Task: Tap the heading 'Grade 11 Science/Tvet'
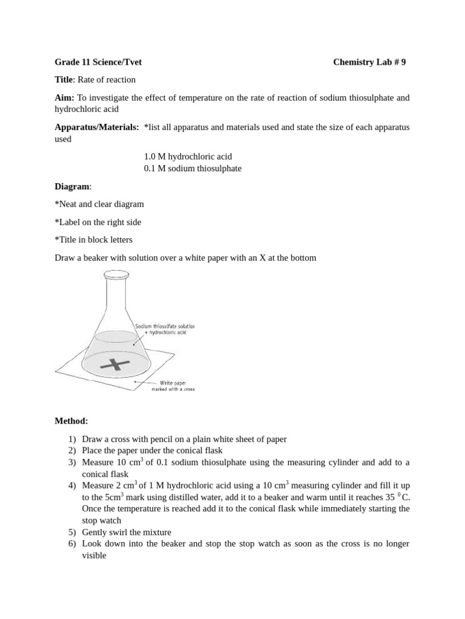pyautogui.click(x=98, y=62)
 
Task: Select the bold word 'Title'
pyautogui.click(x=64, y=80)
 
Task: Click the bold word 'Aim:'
pyautogui.click(x=65, y=98)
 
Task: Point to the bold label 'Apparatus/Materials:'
pyautogui.click(x=97, y=128)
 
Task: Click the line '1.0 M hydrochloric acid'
pyautogui.click(x=188, y=157)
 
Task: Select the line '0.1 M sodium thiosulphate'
pyautogui.click(x=193, y=169)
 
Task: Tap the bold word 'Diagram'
pyautogui.click(x=72, y=187)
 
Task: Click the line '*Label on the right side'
pyautogui.click(x=98, y=222)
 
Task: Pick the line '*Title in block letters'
pyautogui.click(x=93, y=240)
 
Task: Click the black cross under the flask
pyautogui.click(x=115, y=365)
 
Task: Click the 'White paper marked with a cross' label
pyautogui.click(x=173, y=386)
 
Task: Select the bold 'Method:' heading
pyautogui.click(x=71, y=421)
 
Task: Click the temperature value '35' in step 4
pyautogui.click(x=390, y=497)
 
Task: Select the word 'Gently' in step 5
pyautogui.click(x=94, y=533)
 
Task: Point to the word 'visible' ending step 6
pyautogui.click(x=94, y=556)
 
